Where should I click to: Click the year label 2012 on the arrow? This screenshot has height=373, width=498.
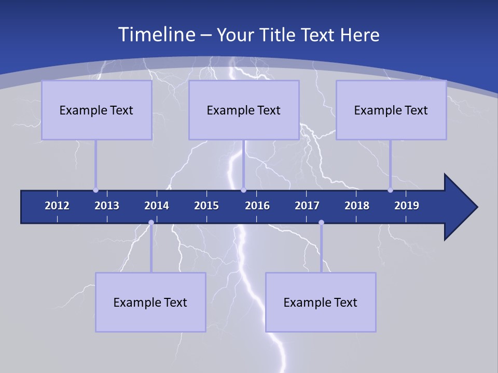click(57, 206)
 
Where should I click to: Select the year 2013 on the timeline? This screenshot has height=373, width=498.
click(107, 206)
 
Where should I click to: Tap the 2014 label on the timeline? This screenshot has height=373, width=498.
click(157, 206)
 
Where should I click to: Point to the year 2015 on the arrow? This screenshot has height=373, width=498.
click(206, 206)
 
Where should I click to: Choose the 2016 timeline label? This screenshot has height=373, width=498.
click(257, 206)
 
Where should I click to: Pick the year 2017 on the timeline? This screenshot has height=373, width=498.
click(307, 206)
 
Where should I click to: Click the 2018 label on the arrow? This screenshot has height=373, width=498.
click(357, 206)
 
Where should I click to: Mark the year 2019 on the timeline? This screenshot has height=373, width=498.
click(407, 206)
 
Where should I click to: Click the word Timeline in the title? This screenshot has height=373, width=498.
click(155, 35)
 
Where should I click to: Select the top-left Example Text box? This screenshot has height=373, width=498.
click(96, 110)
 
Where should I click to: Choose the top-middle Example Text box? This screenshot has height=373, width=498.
click(244, 110)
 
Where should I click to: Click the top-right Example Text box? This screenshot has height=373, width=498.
click(391, 110)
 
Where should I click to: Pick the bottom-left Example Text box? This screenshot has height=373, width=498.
click(150, 302)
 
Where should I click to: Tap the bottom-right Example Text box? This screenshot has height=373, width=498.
click(321, 302)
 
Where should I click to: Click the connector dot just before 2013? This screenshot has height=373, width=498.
click(95, 190)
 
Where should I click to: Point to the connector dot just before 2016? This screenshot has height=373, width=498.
click(243, 190)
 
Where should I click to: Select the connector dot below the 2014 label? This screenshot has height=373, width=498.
click(151, 222)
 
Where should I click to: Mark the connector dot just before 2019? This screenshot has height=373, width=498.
click(390, 190)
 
